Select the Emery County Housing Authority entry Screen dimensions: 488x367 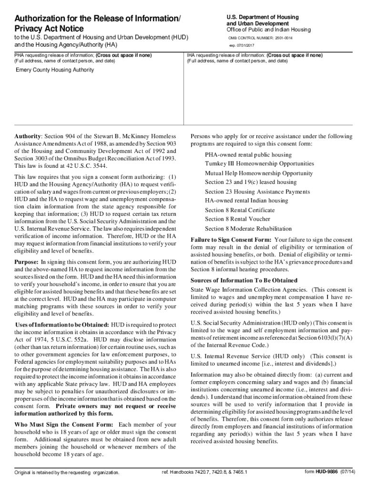pyautogui.click(x=55, y=70)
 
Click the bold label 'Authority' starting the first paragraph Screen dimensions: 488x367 pyautogui.click(x=28, y=136)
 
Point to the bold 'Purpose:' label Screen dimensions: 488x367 pyautogui.click(x=26, y=262)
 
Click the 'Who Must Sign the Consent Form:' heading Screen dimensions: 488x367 pyautogui.click(x=64, y=424)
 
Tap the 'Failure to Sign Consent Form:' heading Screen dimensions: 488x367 pyautogui.click(x=231, y=240)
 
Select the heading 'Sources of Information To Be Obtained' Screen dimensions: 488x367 pyautogui.click(x=244, y=280)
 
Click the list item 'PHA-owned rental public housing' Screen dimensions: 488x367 pyautogui.click(x=248, y=155)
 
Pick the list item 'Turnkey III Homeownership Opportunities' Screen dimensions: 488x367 pyautogui.click(x=259, y=163)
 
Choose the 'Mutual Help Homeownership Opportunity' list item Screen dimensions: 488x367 pyautogui.click(x=259, y=173)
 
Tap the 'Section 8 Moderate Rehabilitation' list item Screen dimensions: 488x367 pyautogui.click(x=248, y=228)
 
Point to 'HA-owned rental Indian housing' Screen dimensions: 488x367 pyautogui.click(x=246, y=201)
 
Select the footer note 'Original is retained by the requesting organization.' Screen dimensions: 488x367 pyautogui.click(x=67, y=473)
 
